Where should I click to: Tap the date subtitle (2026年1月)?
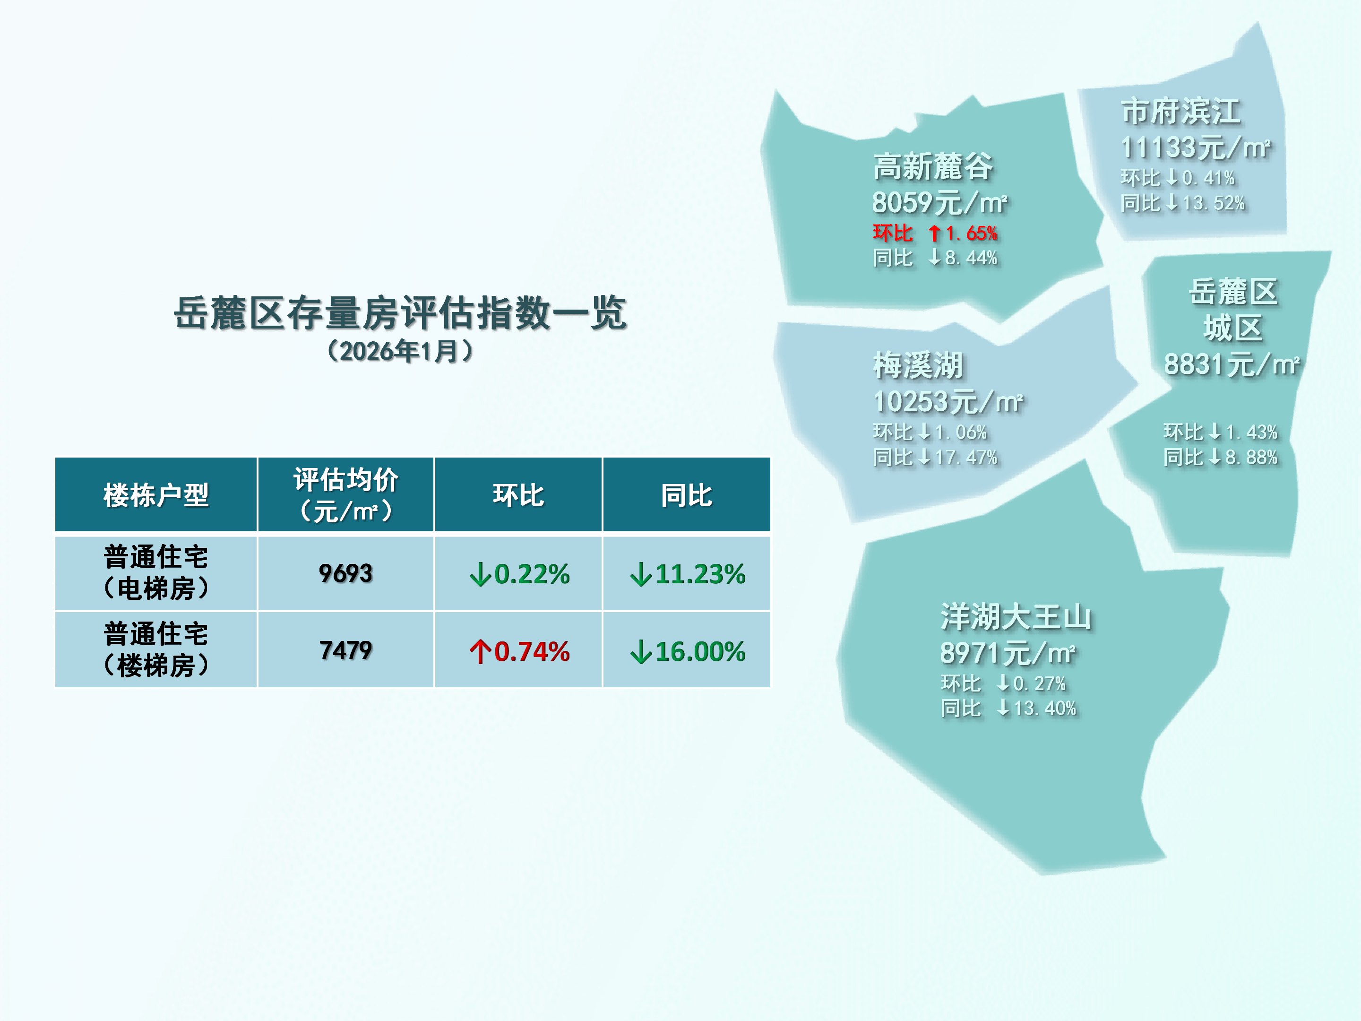[400, 351]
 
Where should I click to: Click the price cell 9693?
[346, 573]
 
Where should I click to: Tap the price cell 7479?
[346, 650]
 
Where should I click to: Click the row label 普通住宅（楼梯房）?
[156, 650]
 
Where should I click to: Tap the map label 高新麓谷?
[933, 167]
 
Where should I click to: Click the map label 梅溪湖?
[918, 365]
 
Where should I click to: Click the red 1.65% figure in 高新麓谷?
[972, 233]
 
